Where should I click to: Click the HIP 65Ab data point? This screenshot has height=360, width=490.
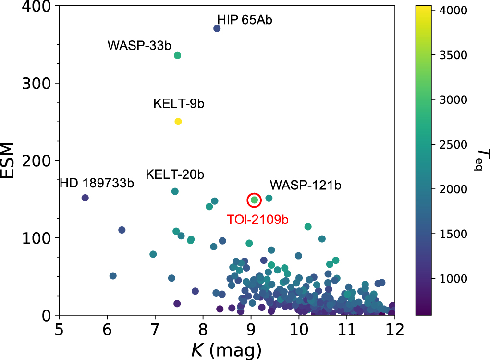click(217, 28)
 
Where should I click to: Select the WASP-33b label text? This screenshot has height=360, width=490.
click(139, 46)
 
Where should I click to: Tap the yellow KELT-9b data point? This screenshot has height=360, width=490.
click(178, 121)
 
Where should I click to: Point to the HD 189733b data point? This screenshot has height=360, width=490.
click(85, 198)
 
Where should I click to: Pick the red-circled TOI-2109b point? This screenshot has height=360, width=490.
click(254, 200)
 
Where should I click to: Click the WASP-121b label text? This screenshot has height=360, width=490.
click(305, 185)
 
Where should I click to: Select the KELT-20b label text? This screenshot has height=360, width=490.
click(175, 174)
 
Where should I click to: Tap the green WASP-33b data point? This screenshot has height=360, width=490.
click(177, 55)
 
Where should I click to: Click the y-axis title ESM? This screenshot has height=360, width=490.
click(14, 161)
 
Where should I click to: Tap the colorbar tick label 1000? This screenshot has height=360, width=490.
click(453, 278)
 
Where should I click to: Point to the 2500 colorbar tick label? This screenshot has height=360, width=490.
click(453, 144)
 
